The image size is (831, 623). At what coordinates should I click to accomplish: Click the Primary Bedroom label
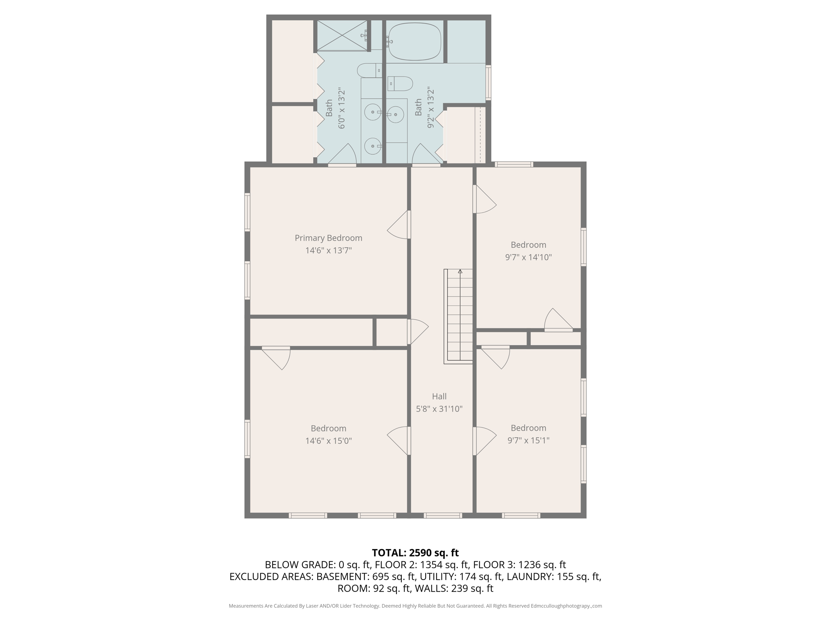(x=328, y=238)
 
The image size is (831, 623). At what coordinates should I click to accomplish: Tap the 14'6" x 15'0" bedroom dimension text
(x=328, y=441)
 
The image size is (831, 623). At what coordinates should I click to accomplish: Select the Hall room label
(x=439, y=396)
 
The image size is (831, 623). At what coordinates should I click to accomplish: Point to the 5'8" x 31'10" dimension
(x=439, y=409)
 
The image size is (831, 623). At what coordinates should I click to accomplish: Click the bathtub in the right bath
(x=415, y=41)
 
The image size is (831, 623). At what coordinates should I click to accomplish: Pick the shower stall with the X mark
(x=342, y=36)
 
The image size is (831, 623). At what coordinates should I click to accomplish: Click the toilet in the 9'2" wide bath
(x=400, y=84)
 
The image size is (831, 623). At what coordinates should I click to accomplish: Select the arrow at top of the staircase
(x=460, y=271)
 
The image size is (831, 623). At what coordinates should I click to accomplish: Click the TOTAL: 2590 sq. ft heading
(x=415, y=553)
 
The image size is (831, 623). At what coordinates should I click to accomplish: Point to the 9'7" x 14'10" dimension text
(x=528, y=257)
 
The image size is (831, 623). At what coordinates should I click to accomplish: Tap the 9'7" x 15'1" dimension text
(x=528, y=440)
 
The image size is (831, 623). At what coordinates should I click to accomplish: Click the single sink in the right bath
(x=396, y=115)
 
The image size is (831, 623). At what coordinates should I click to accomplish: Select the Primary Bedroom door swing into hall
(x=399, y=226)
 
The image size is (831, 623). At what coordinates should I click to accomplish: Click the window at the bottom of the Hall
(x=443, y=516)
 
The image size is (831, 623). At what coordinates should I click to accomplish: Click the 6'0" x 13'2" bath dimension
(x=342, y=108)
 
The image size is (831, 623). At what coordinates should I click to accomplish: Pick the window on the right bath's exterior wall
(x=489, y=82)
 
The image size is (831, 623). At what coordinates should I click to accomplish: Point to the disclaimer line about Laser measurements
(x=415, y=606)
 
